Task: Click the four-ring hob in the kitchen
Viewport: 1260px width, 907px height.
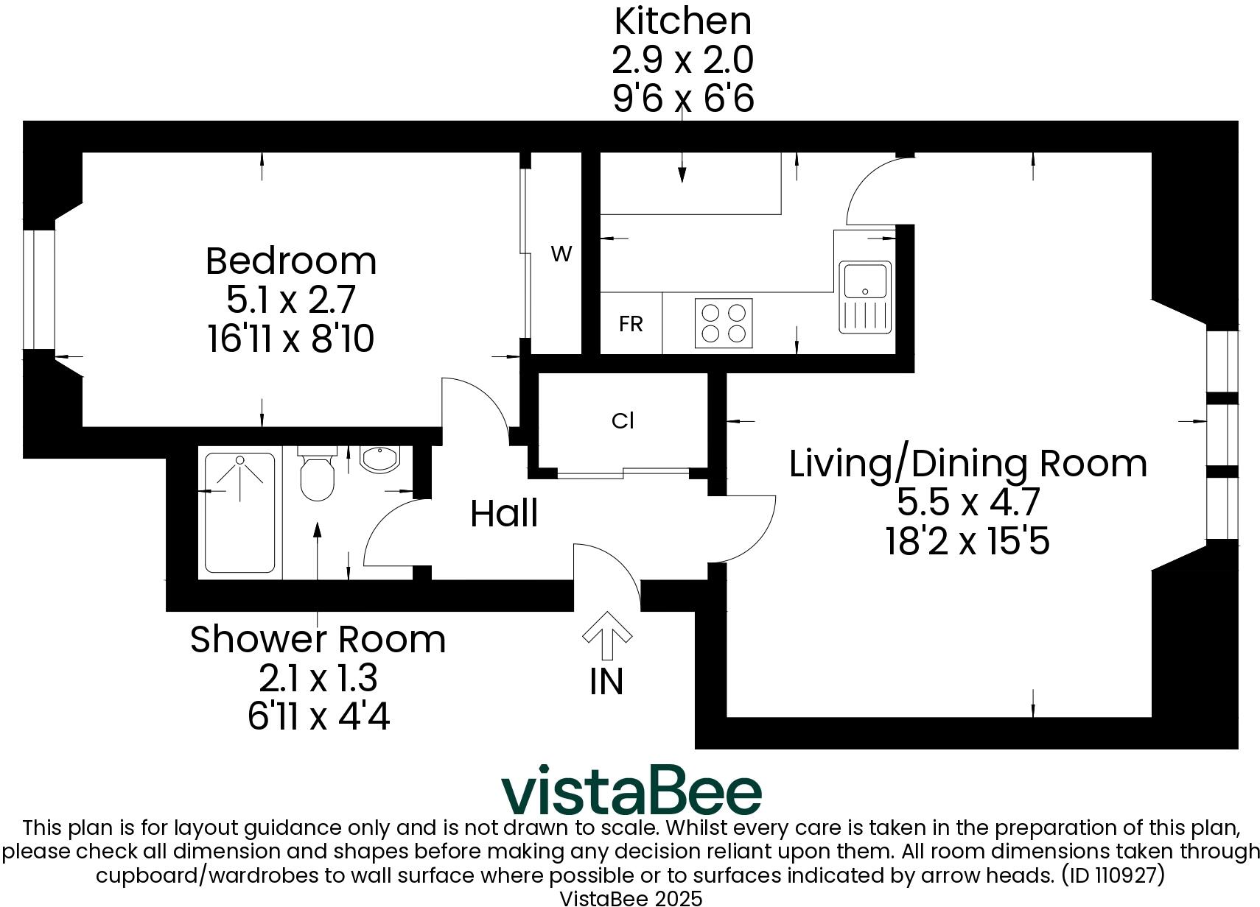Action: (724, 323)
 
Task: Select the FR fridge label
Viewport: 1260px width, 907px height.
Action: (631, 324)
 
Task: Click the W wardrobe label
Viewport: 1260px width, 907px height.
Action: (561, 255)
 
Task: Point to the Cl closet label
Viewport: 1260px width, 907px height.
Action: (623, 420)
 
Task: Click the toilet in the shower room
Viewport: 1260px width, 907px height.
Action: (318, 475)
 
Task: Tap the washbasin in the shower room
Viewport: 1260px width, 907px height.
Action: (379, 458)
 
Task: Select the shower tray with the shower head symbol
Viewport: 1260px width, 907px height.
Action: (240, 513)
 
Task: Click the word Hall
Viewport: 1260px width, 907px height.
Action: (504, 513)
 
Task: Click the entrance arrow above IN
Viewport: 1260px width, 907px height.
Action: (607, 634)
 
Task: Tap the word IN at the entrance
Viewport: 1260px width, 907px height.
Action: (606, 682)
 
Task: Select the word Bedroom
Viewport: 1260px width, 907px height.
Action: (291, 261)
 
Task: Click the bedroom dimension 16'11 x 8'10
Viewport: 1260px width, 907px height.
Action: (291, 339)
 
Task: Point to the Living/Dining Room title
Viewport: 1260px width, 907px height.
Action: (967, 464)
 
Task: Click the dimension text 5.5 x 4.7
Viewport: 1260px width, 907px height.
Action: (967, 503)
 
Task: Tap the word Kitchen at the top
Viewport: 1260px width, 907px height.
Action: (682, 21)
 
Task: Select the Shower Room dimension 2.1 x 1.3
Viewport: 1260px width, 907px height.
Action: (318, 678)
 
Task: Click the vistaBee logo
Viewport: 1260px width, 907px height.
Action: (631, 791)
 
